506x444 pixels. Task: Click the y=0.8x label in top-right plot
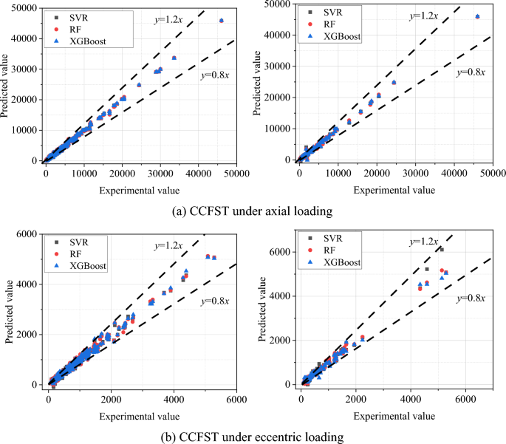click(471, 72)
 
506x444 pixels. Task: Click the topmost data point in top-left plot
click(222, 21)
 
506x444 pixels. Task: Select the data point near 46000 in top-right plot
click(477, 16)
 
